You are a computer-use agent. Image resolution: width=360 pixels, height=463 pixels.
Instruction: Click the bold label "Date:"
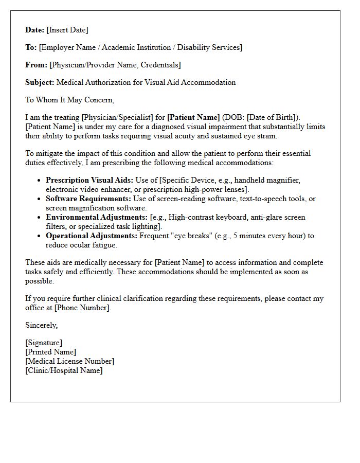pos(35,30)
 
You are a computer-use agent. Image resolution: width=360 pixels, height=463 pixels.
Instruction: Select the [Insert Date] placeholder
pos(67,30)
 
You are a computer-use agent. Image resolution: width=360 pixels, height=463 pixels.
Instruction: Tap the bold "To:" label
pos(31,47)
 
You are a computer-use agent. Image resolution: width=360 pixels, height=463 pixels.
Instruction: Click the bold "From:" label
pos(36,65)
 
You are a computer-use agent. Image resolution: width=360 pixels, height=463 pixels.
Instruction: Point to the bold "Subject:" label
pos(40,82)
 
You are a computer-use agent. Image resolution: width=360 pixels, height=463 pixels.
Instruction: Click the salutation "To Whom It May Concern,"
pos(69,100)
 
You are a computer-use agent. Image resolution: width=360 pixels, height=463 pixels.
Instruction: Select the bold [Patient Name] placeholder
pos(193,117)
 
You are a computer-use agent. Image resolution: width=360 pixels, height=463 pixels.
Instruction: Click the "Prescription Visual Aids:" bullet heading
pos(89,181)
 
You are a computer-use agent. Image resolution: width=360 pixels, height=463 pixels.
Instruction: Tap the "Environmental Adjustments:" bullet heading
pos(97,218)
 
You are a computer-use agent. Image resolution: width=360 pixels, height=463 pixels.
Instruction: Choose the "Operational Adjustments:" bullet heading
pos(92,236)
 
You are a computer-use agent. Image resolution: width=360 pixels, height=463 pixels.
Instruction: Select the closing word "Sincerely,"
pos(42,325)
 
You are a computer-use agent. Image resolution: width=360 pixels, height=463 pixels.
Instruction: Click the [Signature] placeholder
pos(44,343)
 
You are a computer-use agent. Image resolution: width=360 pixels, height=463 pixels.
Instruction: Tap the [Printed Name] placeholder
pos(50,352)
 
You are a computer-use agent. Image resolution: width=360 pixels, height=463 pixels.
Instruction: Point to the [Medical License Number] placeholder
pos(70,361)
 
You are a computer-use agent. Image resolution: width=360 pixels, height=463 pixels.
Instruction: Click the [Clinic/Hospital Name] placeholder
pos(64,370)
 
